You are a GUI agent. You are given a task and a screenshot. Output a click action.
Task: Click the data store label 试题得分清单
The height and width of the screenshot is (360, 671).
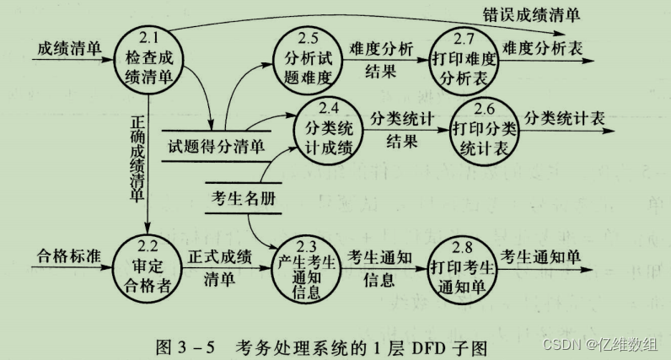[217, 145]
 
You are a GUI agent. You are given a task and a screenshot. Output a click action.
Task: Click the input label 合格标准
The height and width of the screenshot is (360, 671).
[65, 255]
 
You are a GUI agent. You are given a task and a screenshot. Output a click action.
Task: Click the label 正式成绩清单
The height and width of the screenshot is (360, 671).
[220, 268]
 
